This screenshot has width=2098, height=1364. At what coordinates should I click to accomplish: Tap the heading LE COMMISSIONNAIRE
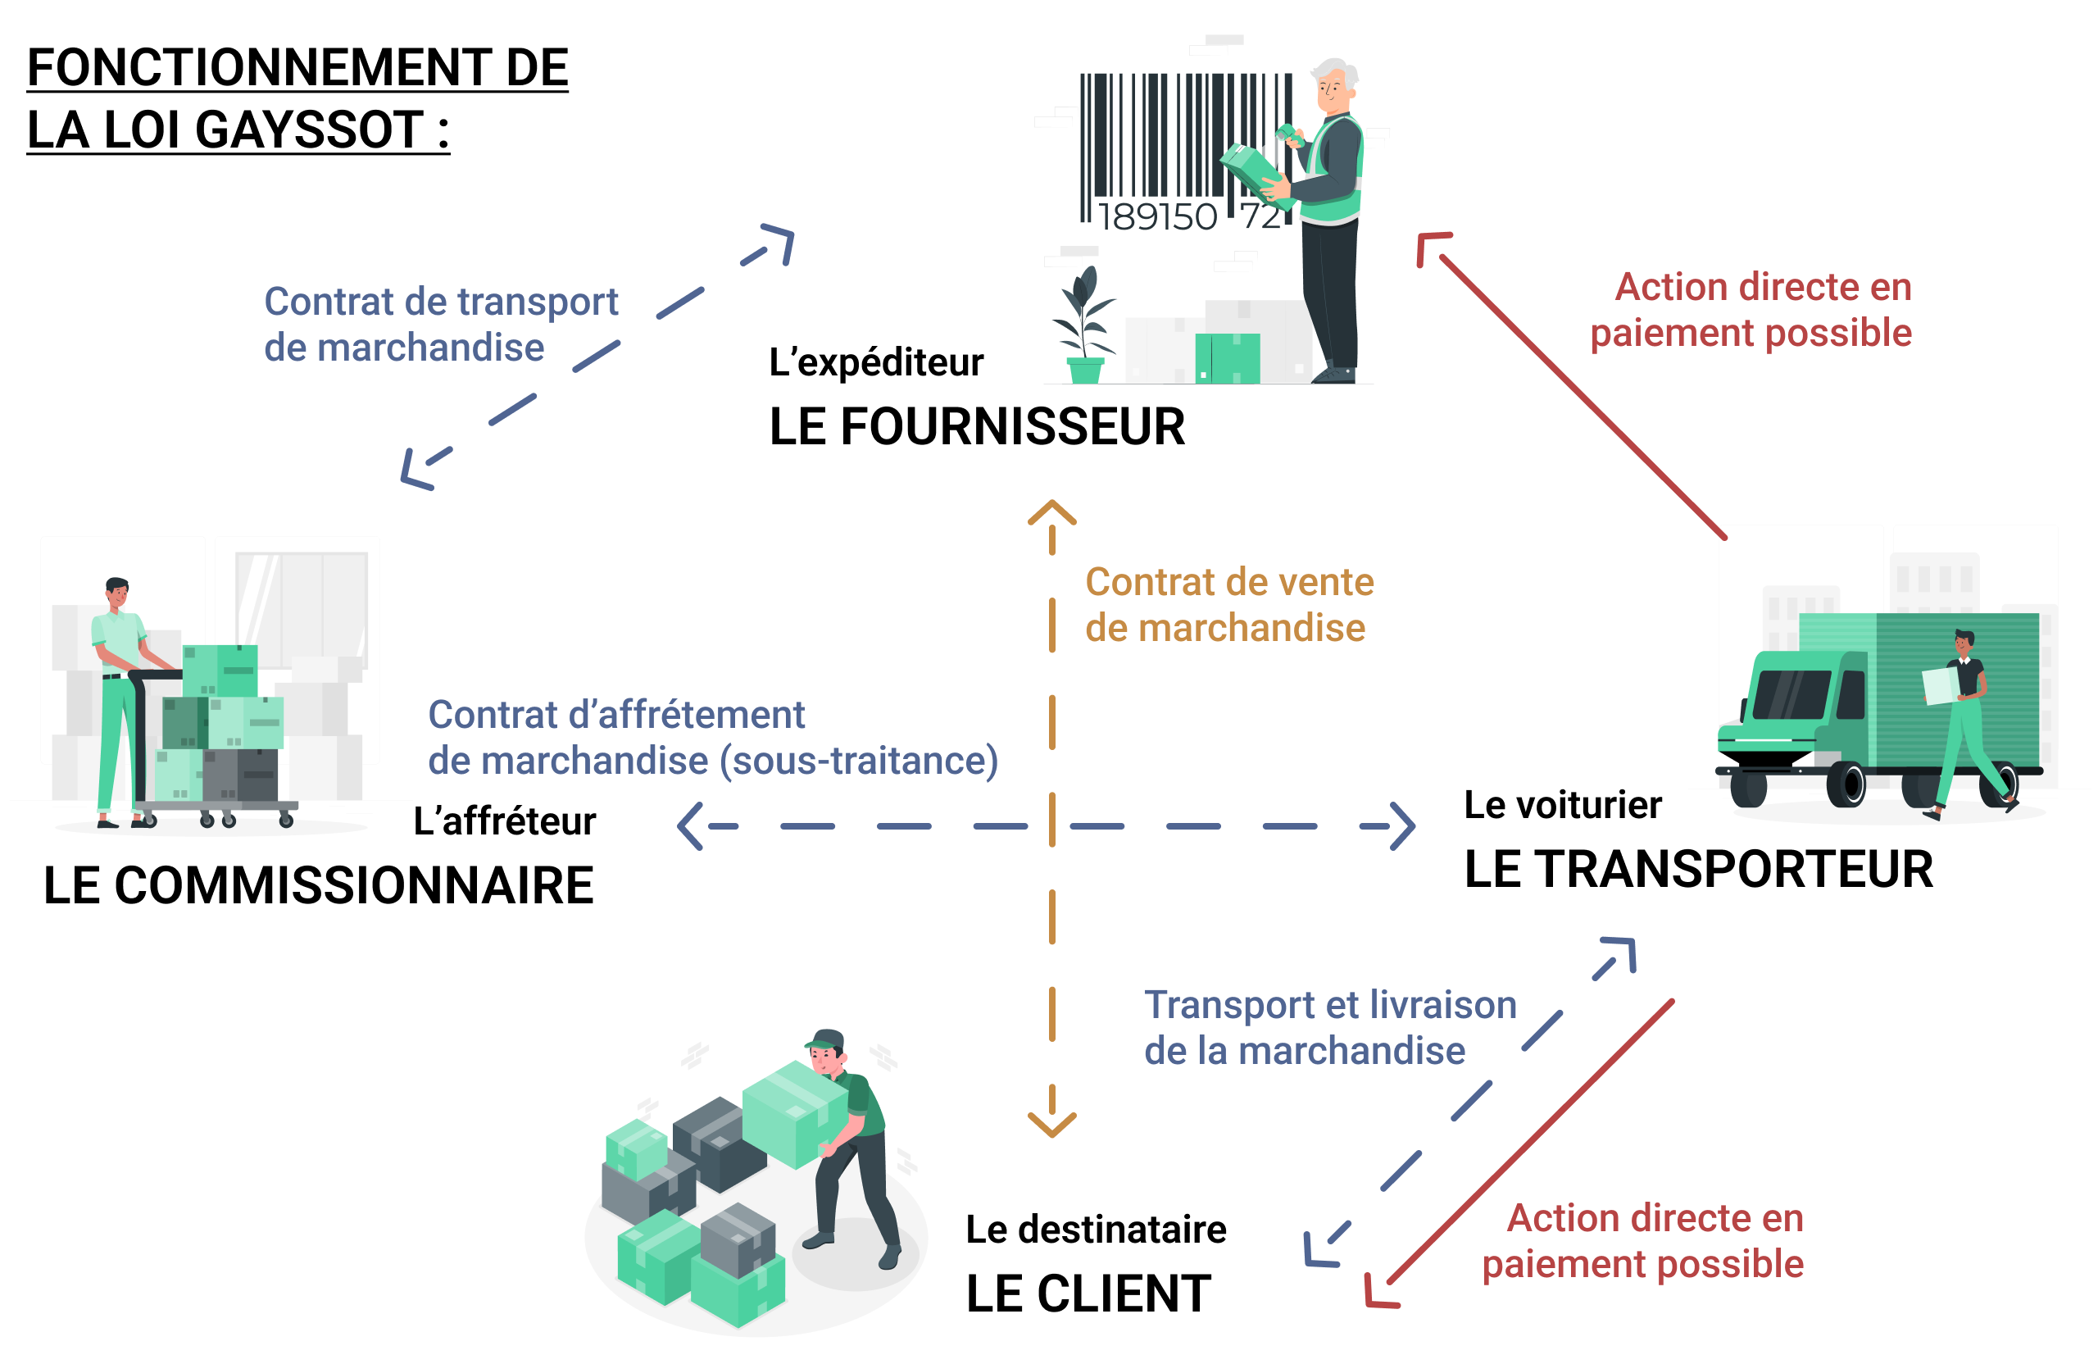318,885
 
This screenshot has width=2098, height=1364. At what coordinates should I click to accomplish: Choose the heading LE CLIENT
1088,1294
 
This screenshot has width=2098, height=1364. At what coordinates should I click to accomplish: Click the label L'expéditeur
875,362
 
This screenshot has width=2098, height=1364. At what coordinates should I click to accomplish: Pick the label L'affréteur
504,821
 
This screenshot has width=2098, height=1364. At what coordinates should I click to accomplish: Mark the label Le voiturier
1562,805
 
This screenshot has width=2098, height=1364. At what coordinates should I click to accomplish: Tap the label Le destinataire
1095,1229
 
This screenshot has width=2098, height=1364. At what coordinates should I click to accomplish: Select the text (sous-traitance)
859,761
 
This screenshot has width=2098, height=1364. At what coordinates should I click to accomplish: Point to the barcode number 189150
1156,217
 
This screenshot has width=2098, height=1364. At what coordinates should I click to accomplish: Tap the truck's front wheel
1846,782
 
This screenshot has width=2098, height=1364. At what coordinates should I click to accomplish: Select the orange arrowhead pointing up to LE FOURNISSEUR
1051,512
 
